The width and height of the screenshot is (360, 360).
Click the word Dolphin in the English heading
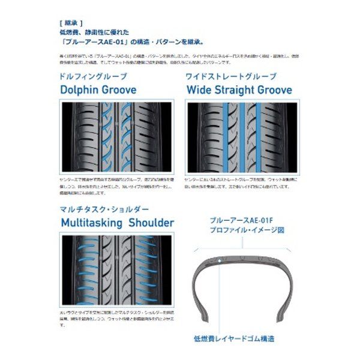point(82,90)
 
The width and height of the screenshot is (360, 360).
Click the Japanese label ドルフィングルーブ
point(94,76)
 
